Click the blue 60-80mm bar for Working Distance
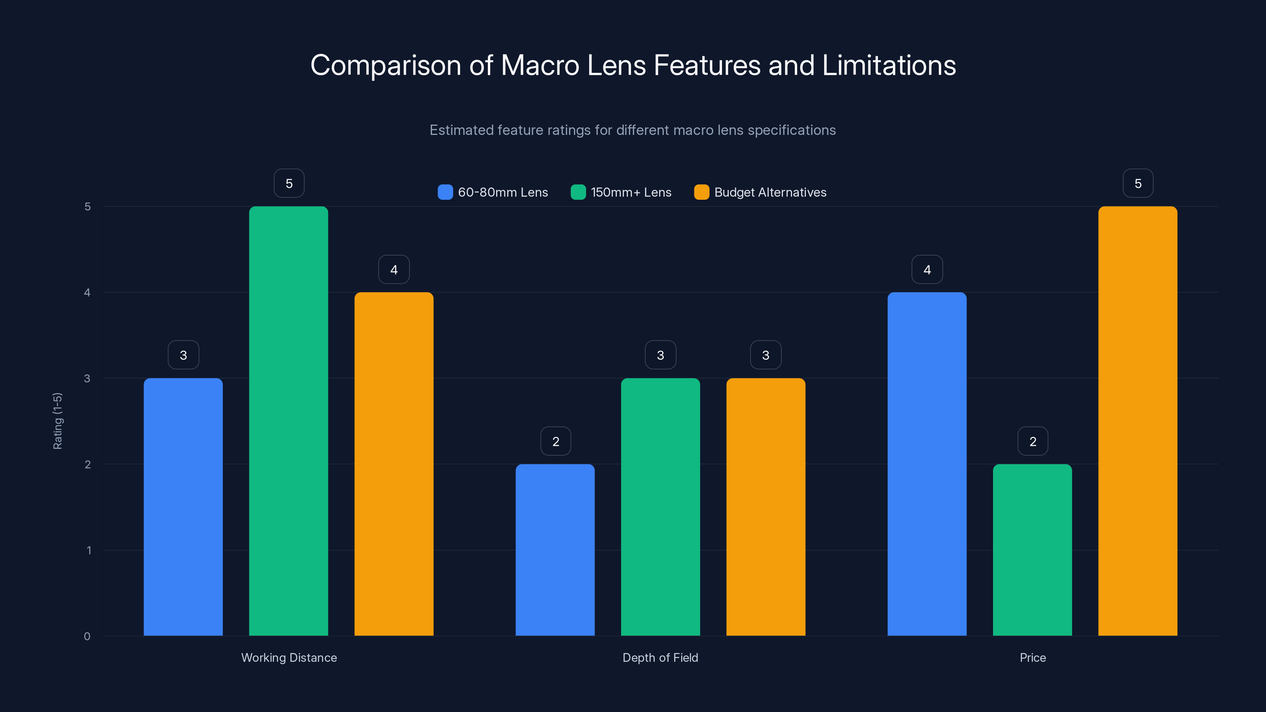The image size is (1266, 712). click(183, 507)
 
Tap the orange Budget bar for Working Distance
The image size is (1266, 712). click(394, 464)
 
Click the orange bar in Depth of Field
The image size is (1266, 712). click(766, 507)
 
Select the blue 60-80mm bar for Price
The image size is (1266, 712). click(927, 464)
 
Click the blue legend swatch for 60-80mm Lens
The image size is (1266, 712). click(445, 192)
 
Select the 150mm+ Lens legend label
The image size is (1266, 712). click(631, 192)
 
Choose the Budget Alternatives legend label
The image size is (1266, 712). click(770, 192)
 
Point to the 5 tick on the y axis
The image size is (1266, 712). click(87, 206)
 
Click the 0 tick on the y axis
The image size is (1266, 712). click(87, 636)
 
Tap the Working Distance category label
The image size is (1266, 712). click(289, 657)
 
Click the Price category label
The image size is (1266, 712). click(1033, 657)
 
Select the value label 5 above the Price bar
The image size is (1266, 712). click(1138, 183)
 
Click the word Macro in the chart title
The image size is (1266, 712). click(540, 65)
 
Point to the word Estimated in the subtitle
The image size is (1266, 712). click(461, 130)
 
